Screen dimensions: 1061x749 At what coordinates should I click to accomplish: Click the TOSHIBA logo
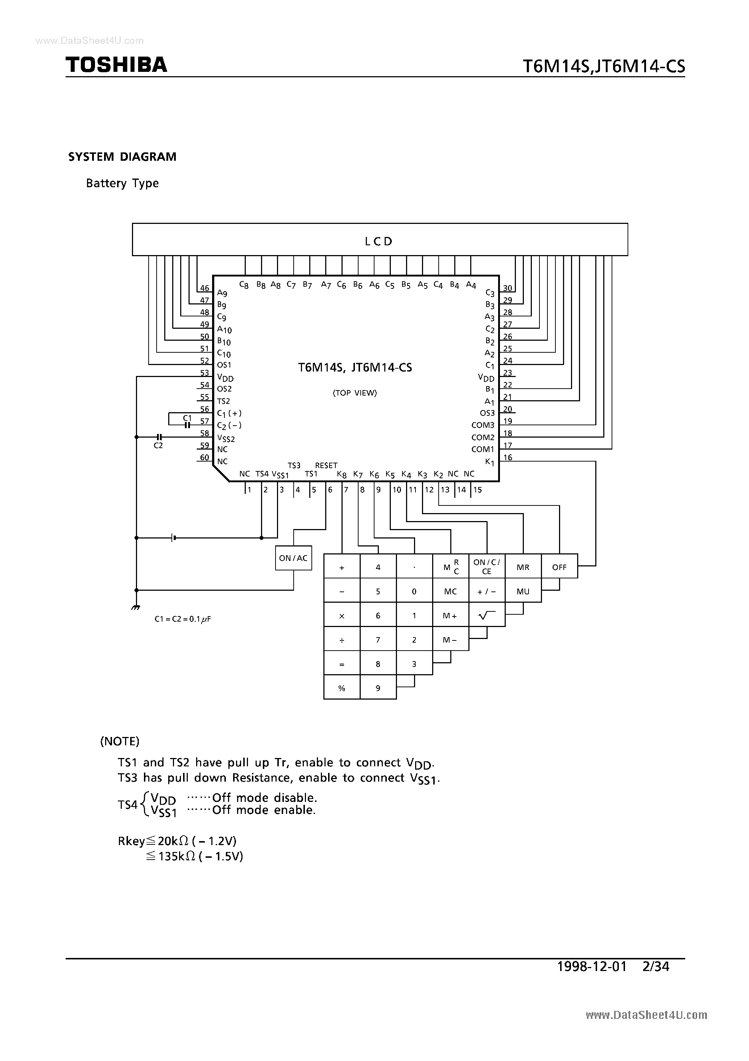coord(116,65)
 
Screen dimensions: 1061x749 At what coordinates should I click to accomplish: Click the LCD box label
coord(378,241)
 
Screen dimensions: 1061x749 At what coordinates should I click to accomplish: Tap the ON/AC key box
coord(293,558)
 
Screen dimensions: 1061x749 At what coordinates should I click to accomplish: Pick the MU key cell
coord(523,591)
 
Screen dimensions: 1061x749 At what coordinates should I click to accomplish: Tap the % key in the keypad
coord(342,688)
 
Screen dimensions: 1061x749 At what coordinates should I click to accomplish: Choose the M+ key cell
coord(450,615)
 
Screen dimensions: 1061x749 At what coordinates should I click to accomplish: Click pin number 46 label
coord(204,288)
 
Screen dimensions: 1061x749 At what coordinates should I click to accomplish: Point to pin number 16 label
coord(508,458)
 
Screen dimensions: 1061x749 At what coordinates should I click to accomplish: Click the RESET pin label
coord(326,465)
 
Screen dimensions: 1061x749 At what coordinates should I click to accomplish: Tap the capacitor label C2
coord(158,446)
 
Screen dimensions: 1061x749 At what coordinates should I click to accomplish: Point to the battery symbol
coord(173,537)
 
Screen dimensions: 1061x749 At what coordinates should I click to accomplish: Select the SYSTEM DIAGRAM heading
coord(123,157)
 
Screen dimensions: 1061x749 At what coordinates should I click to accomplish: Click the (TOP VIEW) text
coord(355,393)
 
